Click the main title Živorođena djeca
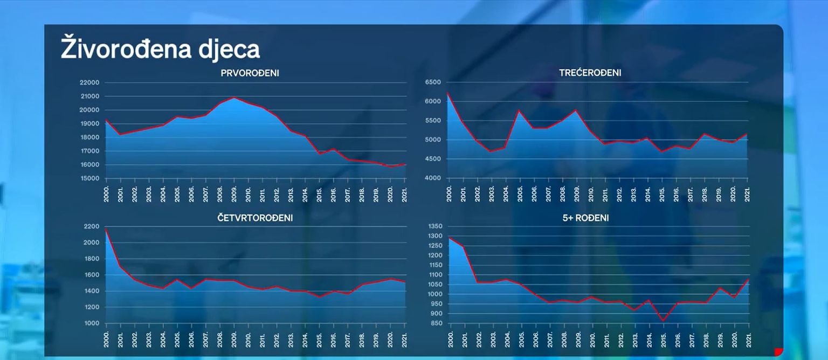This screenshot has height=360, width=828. pos(160,49)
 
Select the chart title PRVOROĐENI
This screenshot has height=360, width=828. pos(250,73)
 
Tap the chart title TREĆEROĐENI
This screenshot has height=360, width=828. pos(590,73)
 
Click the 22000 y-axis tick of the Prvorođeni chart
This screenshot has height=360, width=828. pos(89,82)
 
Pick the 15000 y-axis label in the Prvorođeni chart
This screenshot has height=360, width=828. pos(89,178)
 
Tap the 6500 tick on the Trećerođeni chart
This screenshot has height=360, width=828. pos(433,82)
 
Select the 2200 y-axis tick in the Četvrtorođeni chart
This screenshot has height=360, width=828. pos(91,226)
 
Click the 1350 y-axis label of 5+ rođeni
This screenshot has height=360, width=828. pos(434,226)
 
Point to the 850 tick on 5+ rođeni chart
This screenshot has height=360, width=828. pos(436,323)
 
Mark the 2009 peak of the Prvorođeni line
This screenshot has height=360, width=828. pos(234,98)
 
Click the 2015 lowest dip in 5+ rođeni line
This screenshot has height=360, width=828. pos(663,321)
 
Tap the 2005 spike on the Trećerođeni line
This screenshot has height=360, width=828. pos(519,110)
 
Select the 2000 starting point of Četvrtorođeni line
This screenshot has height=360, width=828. pos(106,229)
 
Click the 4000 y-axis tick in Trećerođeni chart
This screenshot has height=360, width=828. pos(433,178)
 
